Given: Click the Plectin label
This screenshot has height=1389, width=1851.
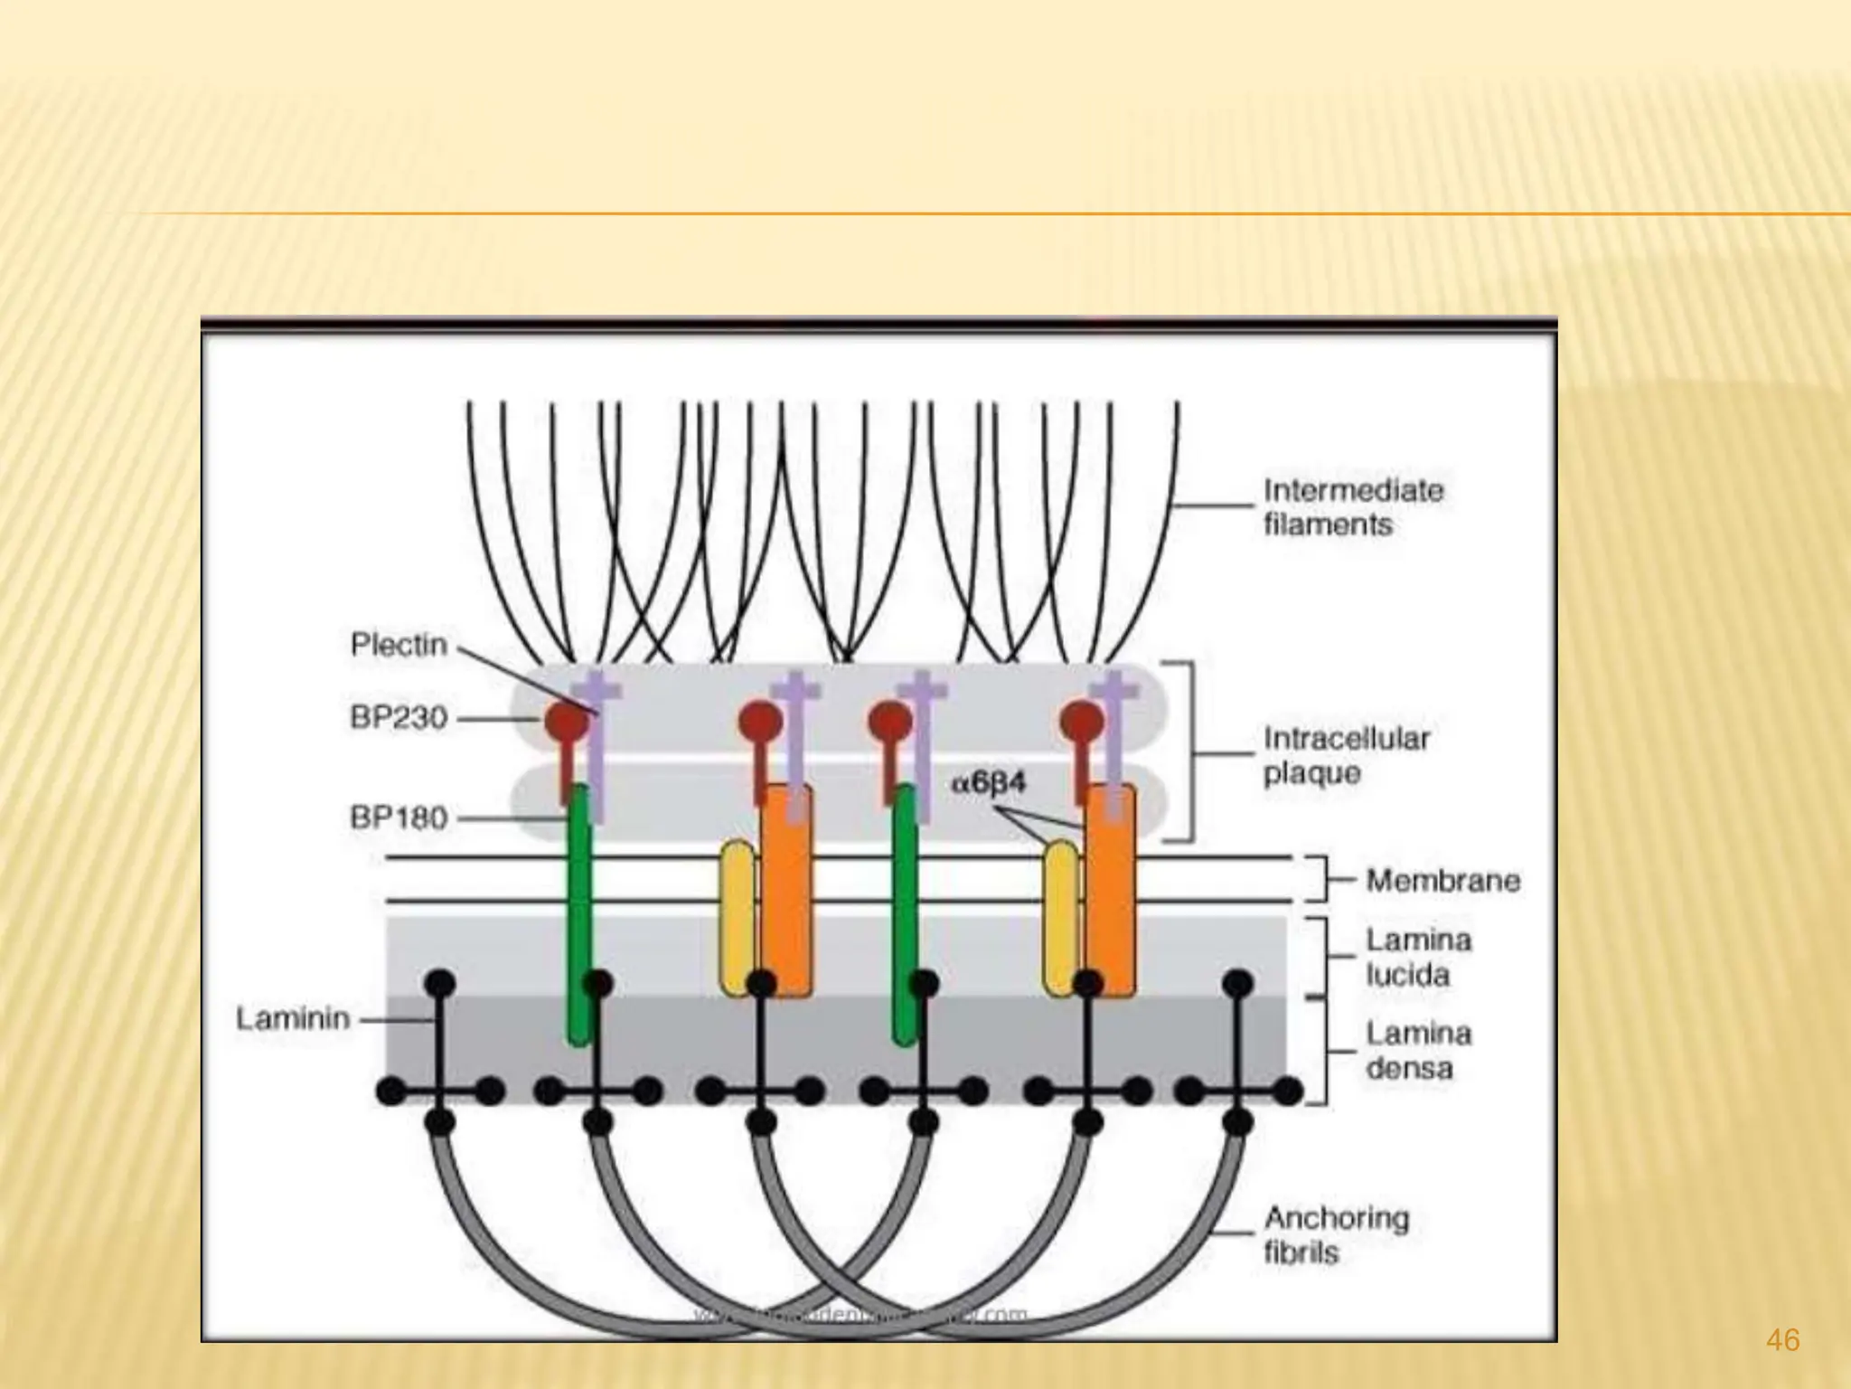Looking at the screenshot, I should point(399,645).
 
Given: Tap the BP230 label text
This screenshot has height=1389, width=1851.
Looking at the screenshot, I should point(399,718).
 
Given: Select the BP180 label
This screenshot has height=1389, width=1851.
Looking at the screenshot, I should point(399,818).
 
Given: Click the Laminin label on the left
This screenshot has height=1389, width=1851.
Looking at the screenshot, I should point(293,1019).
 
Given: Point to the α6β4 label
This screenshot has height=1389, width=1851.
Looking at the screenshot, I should point(989,782).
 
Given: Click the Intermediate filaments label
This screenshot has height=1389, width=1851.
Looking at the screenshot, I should point(1352,507).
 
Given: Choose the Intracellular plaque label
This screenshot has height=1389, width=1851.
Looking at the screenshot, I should point(1347,756).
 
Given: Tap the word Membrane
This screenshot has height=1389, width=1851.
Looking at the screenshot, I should point(1442,880).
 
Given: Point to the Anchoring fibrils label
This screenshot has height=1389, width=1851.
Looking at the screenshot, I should point(1336,1235).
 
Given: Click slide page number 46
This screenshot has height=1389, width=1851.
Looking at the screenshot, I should point(1782,1339).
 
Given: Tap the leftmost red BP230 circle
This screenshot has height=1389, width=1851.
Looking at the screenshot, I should point(567,721).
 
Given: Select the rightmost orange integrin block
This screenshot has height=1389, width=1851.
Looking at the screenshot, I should point(1110,891).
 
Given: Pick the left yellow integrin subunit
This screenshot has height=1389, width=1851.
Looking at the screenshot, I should point(738,918).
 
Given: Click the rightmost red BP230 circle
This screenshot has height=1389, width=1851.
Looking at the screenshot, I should point(1081,721).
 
